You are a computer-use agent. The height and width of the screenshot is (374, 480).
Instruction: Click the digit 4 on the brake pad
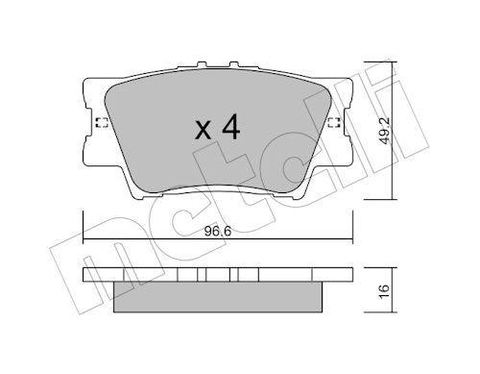pyautogui.click(x=231, y=127)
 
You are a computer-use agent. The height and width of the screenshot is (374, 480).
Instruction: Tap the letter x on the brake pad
pyautogui.click(x=203, y=131)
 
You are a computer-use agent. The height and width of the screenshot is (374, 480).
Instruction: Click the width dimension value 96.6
pyautogui.click(x=218, y=232)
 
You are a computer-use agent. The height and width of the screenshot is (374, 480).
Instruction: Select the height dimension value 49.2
pyautogui.click(x=385, y=131)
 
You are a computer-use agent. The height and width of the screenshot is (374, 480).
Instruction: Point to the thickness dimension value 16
pyautogui.click(x=385, y=290)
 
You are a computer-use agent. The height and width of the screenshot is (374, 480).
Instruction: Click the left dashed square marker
pyautogui.click(x=102, y=122)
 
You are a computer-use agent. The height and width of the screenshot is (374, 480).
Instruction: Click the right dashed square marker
pyautogui.click(x=334, y=122)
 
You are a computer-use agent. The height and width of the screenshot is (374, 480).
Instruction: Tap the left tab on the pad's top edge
pyautogui.click(x=202, y=64)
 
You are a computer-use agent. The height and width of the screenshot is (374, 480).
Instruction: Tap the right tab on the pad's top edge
pyautogui.click(x=234, y=64)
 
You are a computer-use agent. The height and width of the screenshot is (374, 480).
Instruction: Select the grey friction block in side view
pyautogui.click(x=218, y=297)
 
